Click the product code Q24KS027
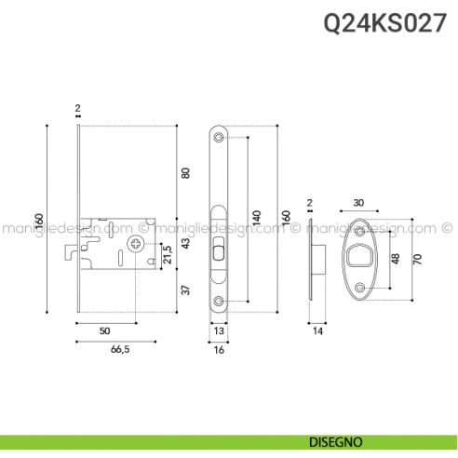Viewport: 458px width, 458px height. point(390,25)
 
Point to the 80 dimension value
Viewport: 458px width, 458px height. point(185,173)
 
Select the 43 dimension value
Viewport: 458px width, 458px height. point(185,243)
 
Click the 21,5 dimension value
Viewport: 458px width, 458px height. point(168,253)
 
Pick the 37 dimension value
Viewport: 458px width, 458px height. point(185,290)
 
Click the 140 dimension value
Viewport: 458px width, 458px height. point(257,220)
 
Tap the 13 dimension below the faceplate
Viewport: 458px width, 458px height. point(219,331)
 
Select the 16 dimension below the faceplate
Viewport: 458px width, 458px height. point(219,352)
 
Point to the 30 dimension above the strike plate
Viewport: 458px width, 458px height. point(358,203)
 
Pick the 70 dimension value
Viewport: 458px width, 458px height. point(418,259)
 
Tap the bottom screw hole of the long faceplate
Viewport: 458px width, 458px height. point(219,302)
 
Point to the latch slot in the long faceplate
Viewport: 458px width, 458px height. point(219,249)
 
